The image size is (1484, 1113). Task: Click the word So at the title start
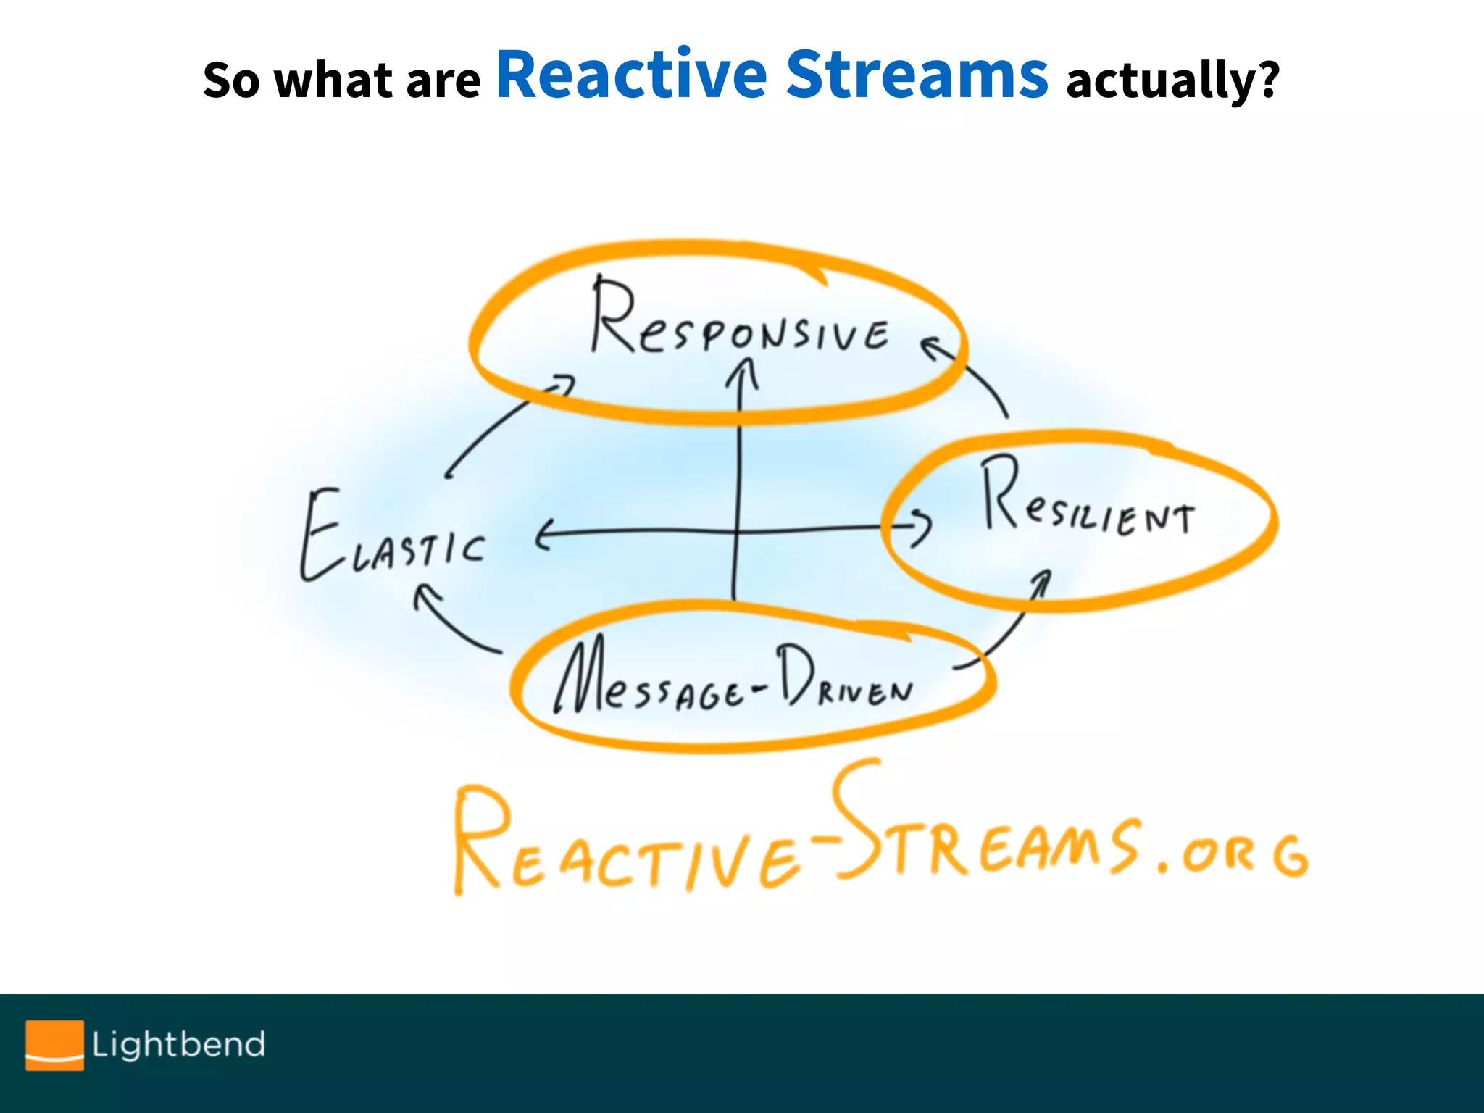[230, 80]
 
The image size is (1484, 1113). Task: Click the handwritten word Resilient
[1087, 500]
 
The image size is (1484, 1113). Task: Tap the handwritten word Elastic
[391, 540]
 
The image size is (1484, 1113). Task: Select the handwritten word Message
[649, 681]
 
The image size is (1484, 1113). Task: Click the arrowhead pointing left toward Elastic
[543, 535]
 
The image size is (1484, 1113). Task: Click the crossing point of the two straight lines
[737, 532]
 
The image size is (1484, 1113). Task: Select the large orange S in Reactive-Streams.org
[855, 819]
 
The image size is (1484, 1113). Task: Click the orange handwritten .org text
[1232, 855]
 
